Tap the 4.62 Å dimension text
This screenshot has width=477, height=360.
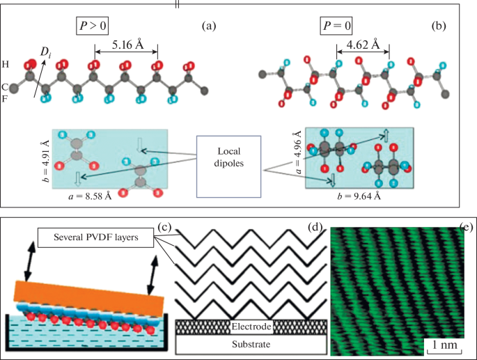pos(362,45)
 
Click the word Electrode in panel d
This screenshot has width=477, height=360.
pos(251,325)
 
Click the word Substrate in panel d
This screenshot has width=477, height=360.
pos(251,345)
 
